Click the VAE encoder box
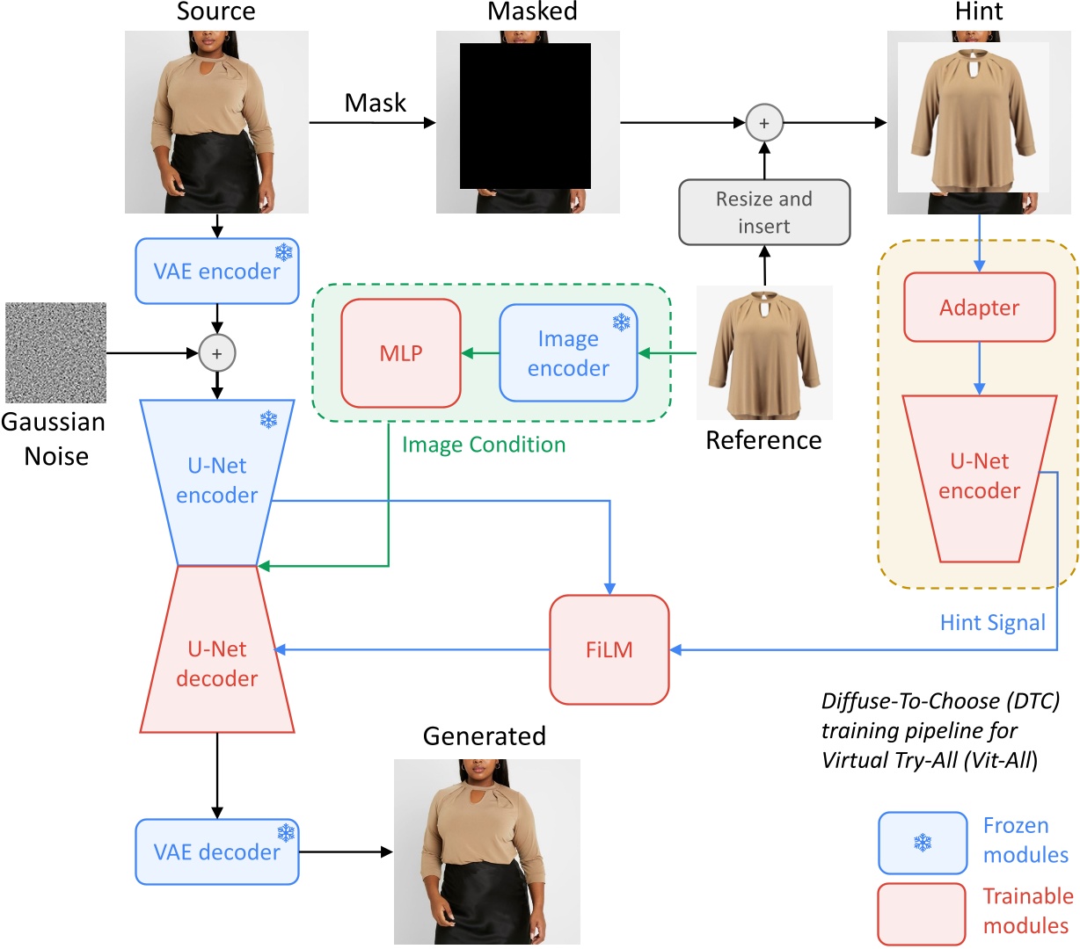pyautogui.click(x=216, y=271)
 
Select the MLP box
pyautogui.click(x=400, y=352)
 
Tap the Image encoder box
pyautogui.click(x=568, y=352)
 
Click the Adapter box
pyautogui.click(x=979, y=307)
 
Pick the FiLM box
pyautogui.click(x=609, y=649)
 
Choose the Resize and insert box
pyautogui.click(x=763, y=212)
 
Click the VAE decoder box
pyautogui.click(x=216, y=851)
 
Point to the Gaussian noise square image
pyautogui.click(x=55, y=352)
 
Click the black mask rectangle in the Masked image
pyautogui.click(x=524, y=116)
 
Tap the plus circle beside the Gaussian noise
pyautogui.click(x=216, y=352)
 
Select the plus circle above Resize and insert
pyautogui.click(x=763, y=122)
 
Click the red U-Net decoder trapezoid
pyautogui.click(x=216, y=648)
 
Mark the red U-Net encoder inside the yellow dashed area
pyautogui.click(x=979, y=478)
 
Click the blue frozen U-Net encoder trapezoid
pyautogui.click(x=216, y=482)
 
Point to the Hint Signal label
pyautogui.click(x=992, y=622)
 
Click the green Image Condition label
pyautogui.click(x=484, y=444)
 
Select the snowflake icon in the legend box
pyautogui.click(x=923, y=843)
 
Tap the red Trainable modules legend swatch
pyautogui.click(x=921, y=915)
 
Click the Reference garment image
pyautogui.click(x=764, y=352)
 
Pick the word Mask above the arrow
pyautogui.click(x=375, y=102)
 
